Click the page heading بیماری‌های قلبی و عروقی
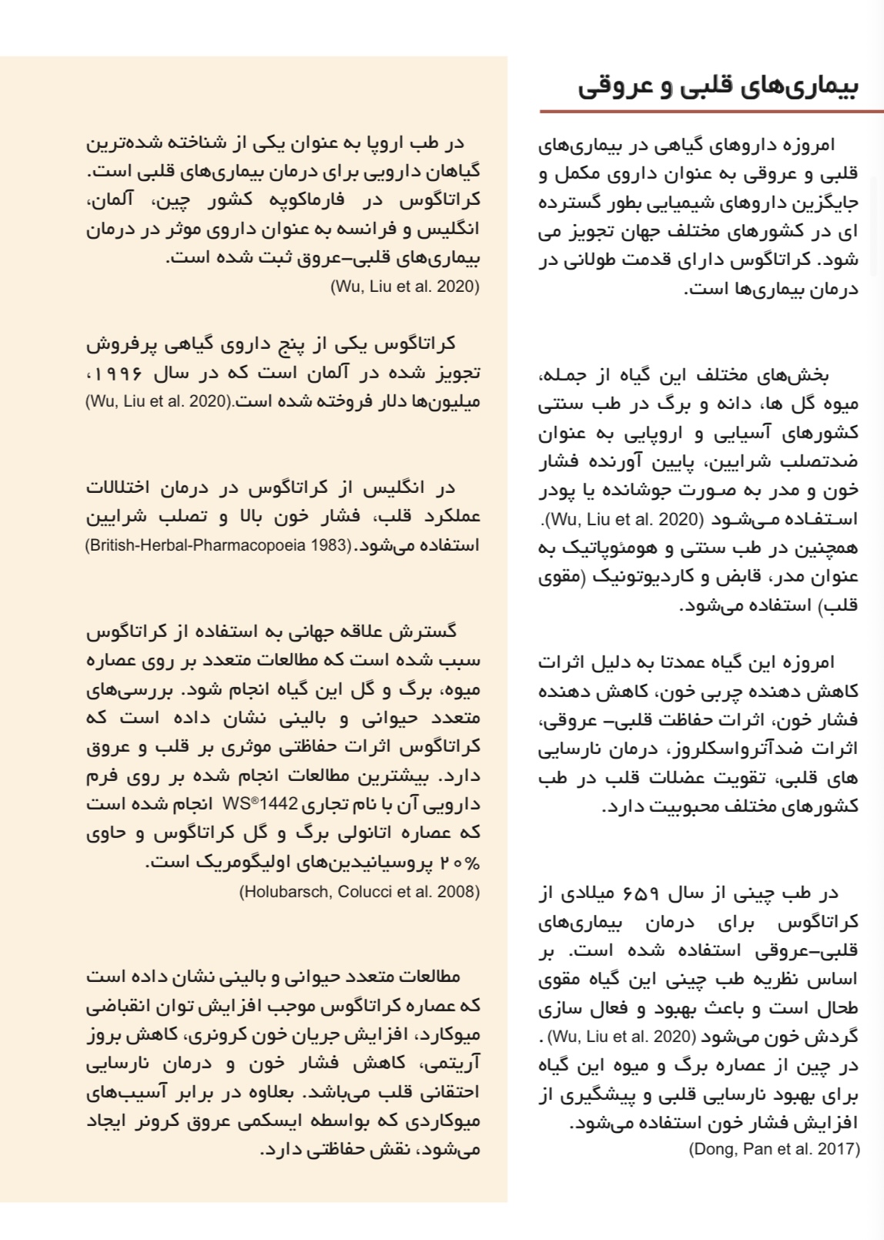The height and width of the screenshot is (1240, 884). coord(718,86)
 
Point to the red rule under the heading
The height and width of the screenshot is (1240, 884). coord(711,112)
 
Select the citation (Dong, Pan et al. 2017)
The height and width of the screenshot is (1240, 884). coord(774,1149)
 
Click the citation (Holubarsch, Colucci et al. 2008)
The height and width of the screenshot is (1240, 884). coord(360,892)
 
